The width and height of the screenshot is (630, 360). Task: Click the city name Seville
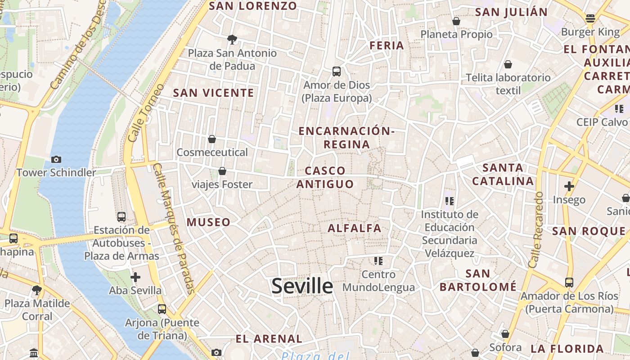pos(302,286)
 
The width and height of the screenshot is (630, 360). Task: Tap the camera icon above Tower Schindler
pos(56,159)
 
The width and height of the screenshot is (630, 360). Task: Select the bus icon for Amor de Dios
pos(337,72)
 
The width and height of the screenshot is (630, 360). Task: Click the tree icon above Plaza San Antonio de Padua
pos(232,40)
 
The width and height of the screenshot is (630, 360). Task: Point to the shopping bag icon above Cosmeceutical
pos(212,139)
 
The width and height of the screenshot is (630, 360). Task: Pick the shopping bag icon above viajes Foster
pos(222,171)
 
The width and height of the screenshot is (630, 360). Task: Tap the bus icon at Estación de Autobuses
pos(121,217)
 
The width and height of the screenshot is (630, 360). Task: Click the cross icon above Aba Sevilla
pos(135,277)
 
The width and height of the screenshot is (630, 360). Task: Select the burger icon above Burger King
pos(590,19)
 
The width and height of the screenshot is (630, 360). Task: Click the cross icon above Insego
pos(569,186)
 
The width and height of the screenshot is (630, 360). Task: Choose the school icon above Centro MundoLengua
pos(378,261)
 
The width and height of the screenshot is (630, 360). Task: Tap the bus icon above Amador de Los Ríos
pos(569,283)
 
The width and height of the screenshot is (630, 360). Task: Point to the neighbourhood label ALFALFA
pos(355,228)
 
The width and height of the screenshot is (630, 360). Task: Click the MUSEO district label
pos(208,222)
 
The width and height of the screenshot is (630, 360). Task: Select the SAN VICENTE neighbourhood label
pos(214,93)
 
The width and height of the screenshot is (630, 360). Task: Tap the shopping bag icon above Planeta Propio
pos(456,21)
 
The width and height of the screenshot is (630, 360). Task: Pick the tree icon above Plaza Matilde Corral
pos(37,290)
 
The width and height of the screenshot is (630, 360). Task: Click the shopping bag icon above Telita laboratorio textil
pos(508,64)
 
